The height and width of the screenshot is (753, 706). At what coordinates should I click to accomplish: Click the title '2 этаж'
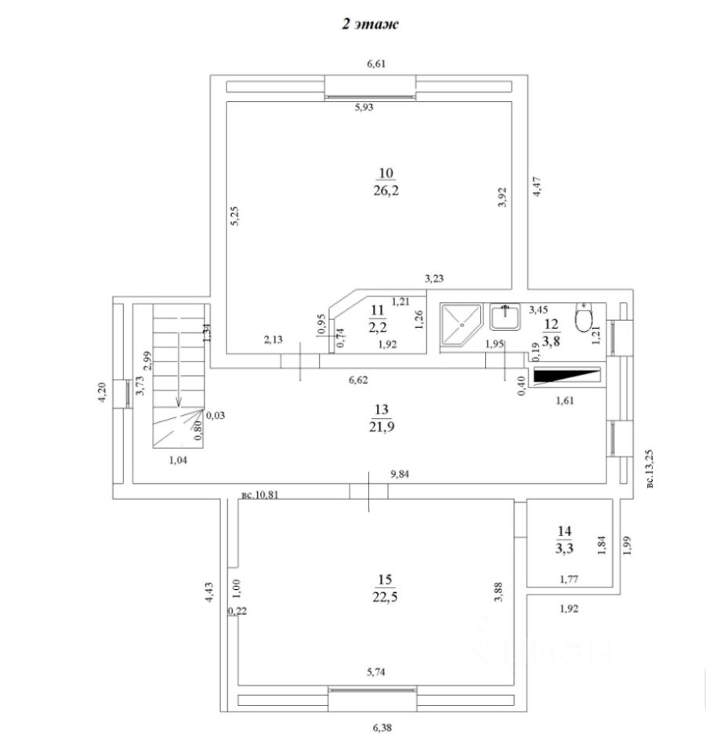[369, 25]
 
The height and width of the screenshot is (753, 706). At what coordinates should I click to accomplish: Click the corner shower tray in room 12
[460, 325]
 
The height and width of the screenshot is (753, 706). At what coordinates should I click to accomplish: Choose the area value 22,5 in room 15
[384, 597]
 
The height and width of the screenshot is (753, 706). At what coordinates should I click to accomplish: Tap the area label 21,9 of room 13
[382, 426]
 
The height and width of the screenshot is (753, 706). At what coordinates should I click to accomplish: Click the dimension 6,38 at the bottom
[382, 727]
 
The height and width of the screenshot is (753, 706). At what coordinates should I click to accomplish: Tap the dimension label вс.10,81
[259, 495]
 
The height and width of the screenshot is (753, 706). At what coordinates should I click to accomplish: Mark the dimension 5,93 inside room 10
[364, 108]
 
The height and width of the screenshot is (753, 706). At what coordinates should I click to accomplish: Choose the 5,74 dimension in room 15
[379, 672]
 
